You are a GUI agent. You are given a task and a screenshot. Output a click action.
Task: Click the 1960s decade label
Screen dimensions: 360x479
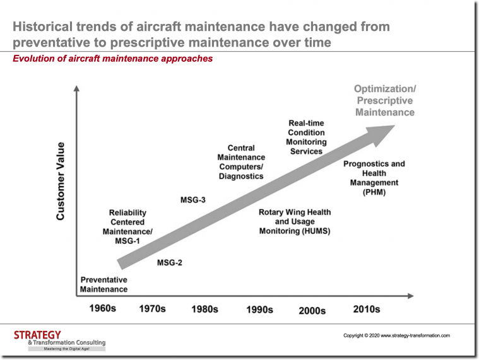click(x=103, y=309)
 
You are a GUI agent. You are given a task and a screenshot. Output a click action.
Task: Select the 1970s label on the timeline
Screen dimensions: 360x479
click(x=152, y=309)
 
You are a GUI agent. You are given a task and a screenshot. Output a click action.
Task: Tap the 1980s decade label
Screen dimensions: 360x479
click(x=204, y=309)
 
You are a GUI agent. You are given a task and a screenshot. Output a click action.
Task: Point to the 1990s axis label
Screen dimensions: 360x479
click(x=259, y=310)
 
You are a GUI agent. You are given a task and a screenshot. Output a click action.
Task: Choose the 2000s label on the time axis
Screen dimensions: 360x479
click(x=312, y=310)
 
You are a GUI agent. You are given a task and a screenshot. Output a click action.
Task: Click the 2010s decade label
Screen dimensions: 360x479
click(x=367, y=309)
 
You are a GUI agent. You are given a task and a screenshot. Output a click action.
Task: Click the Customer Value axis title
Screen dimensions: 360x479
click(x=61, y=181)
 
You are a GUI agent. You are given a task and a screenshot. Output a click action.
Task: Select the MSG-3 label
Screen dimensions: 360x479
click(x=193, y=200)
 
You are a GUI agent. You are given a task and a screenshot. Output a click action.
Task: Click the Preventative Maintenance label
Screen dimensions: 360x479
click(x=103, y=284)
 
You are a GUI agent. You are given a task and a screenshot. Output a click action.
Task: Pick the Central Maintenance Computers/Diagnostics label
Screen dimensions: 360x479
click(x=241, y=162)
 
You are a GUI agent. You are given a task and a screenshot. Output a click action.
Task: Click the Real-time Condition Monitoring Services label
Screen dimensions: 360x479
click(x=306, y=137)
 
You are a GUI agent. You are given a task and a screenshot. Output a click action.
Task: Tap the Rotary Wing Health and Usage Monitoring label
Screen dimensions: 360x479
click(x=295, y=222)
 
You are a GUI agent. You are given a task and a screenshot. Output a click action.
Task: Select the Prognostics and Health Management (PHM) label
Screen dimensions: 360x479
click(x=374, y=178)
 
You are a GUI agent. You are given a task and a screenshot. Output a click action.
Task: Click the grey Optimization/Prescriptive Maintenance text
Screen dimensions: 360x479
click(x=384, y=100)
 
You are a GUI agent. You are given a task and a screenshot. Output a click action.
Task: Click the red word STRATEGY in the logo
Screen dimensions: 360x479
click(x=37, y=335)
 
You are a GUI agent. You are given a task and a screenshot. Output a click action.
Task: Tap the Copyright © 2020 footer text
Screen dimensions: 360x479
click(x=396, y=335)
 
